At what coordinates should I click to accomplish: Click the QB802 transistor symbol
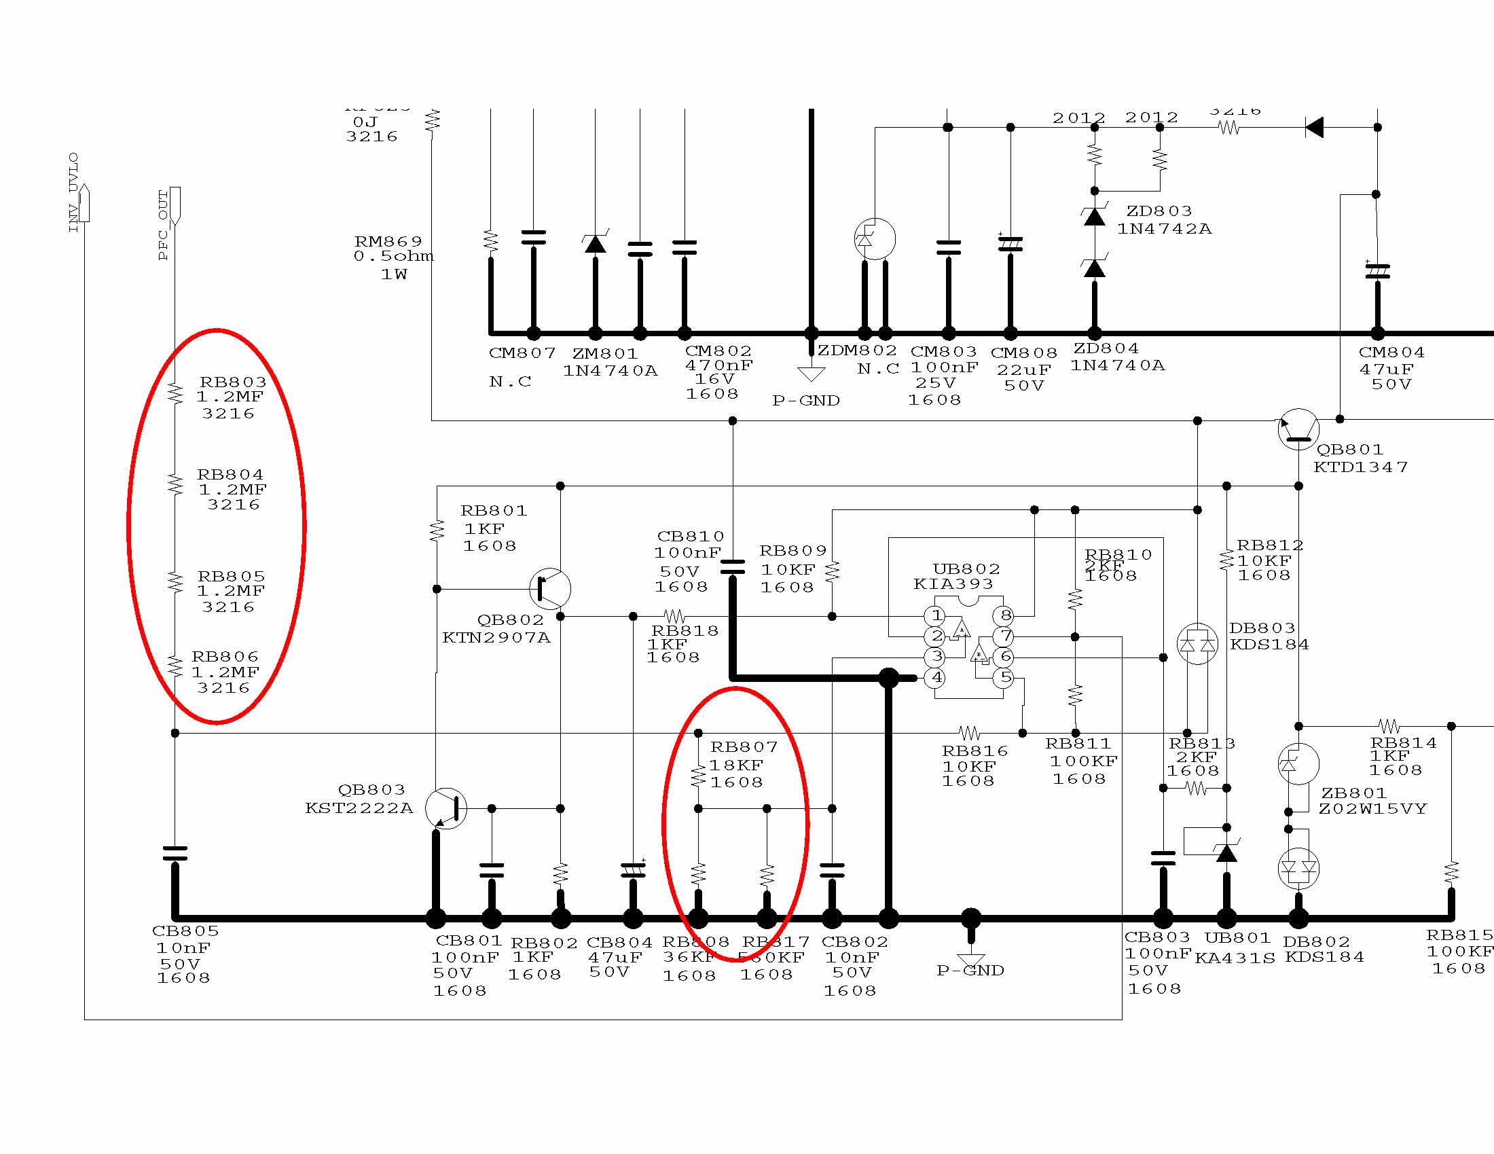(x=550, y=588)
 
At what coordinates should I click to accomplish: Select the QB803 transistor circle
(x=446, y=808)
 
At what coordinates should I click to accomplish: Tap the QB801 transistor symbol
(x=1298, y=429)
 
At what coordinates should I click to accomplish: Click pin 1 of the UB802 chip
(x=936, y=615)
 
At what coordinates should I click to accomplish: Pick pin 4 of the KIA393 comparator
(x=936, y=678)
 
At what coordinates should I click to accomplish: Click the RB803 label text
(x=232, y=382)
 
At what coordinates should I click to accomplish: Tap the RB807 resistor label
(x=744, y=747)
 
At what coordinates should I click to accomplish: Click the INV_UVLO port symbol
(x=84, y=203)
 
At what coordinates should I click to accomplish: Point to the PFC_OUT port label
(x=163, y=226)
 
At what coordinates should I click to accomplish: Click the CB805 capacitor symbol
(x=175, y=853)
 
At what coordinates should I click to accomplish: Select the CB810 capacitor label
(x=689, y=537)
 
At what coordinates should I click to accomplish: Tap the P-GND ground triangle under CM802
(x=812, y=374)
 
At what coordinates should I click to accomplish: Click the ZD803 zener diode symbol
(x=1095, y=217)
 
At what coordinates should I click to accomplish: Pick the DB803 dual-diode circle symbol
(x=1197, y=644)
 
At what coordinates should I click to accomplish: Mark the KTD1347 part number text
(x=1361, y=467)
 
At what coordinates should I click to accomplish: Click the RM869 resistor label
(x=388, y=242)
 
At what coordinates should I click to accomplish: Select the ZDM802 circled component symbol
(x=875, y=239)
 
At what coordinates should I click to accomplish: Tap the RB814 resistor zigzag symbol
(x=1389, y=726)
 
